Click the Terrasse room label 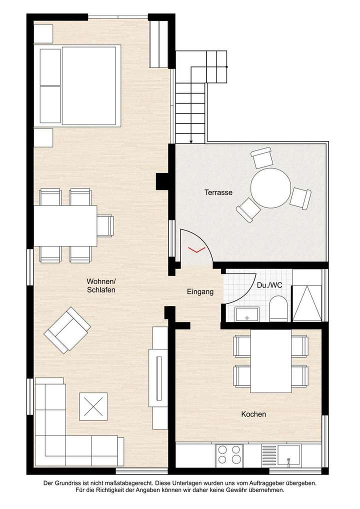click(218, 192)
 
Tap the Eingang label click(200, 292)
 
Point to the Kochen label click(253, 414)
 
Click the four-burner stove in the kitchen click(229, 456)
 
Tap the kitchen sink click(288, 456)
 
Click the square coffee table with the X click(93, 405)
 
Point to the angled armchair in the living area click(67, 330)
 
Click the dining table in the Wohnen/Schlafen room click(65, 225)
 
